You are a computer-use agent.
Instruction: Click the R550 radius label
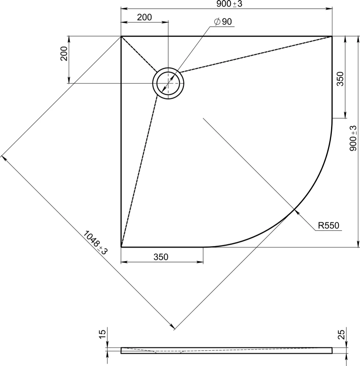[329, 225]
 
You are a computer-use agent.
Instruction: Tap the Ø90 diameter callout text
[223, 22]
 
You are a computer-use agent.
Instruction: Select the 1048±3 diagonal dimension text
[95, 243]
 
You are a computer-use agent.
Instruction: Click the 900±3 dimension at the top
[229, 4]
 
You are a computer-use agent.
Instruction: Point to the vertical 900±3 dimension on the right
[353, 138]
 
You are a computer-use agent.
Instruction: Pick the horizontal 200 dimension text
[145, 17]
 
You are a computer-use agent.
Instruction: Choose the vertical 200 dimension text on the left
[64, 54]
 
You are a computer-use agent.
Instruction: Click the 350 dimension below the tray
[161, 257]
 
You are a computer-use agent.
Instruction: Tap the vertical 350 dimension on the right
[340, 79]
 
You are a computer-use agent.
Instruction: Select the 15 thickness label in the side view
[103, 334]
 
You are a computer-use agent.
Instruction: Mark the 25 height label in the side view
[341, 334]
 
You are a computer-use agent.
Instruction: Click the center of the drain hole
[168, 83]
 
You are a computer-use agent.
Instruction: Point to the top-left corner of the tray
[121, 36]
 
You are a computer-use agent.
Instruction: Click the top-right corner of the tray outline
[332, 36]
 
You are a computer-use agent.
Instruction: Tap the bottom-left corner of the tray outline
[121, 247]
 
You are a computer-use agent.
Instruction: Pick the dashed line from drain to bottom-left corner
[139, 171]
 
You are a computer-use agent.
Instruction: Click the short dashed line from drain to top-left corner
[139, 54]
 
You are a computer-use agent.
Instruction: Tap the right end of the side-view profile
[332, 351]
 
